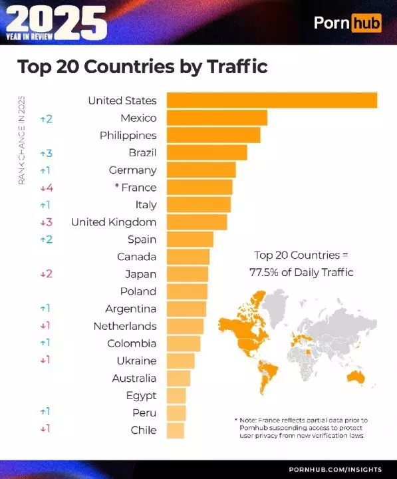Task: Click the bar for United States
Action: (x=271, y=100)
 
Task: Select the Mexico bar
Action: (x=216, y=118)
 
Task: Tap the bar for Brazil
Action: (x=206, y=152)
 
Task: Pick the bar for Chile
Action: (x=175, y=430)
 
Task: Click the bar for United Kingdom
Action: (x=196, y=222)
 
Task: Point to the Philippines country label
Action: (x=128, y=135)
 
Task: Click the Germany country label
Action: (x=132, y=170)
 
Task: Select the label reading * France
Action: (x=134, y=188)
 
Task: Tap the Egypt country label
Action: (x=141, y=396)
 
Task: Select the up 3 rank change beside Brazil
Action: (x=46, y=153)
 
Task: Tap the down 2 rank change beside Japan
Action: (x=46, y=274)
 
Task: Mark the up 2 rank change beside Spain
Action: (x=46, y=239)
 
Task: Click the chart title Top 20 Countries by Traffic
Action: (x=142, y=67)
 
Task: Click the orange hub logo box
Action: (x=365, y=23)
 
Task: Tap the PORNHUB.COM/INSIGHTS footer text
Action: (x=335, y=470)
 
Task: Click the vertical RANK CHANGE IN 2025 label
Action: (x=21, y=140)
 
